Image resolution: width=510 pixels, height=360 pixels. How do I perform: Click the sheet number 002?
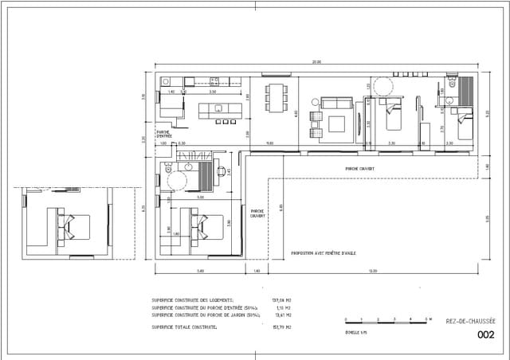484,335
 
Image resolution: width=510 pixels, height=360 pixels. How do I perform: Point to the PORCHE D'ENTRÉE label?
165,134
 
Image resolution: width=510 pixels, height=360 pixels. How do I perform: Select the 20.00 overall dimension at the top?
316,62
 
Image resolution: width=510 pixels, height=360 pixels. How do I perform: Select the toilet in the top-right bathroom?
451,83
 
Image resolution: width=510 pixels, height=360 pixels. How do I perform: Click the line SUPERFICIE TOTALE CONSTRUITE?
184,327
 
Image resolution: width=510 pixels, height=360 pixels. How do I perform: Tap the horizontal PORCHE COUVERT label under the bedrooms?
360,168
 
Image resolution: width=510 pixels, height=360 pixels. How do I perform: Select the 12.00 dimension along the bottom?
373,272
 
